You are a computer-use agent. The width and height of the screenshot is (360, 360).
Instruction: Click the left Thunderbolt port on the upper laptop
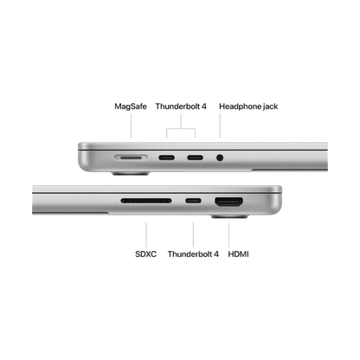point(168,157)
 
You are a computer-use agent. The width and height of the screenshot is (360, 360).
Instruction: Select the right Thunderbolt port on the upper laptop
point(195,157)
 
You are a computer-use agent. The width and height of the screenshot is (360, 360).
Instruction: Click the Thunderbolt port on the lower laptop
point(194,203)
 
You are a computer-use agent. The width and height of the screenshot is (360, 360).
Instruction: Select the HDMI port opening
point(229,203)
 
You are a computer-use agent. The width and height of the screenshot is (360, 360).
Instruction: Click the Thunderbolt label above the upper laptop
point(181,106)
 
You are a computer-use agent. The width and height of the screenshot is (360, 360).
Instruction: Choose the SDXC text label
point(145,254)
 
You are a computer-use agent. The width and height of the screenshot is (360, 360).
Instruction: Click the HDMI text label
point(236,254)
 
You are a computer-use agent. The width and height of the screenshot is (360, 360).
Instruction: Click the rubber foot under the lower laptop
point(228,220)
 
